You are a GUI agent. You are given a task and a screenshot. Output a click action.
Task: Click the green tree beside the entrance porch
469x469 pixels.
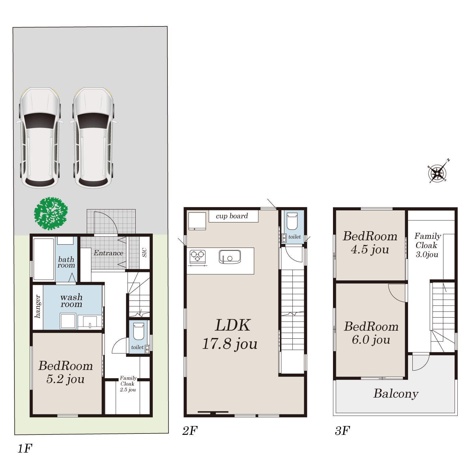[x=51, y=214]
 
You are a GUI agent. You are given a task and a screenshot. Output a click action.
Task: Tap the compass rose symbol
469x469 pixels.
[x=438, y=173]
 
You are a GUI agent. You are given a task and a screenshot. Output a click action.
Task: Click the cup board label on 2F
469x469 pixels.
[x=232, y=216]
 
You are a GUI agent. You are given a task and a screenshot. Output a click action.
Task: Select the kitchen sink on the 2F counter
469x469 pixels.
[x=230, y=257]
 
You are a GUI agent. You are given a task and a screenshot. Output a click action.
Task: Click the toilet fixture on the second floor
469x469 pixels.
[x=292, y=221]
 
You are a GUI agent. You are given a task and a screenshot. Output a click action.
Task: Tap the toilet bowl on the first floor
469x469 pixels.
[x=139, y=331]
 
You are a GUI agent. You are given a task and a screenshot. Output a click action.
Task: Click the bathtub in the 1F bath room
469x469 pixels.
[x=44, y=259]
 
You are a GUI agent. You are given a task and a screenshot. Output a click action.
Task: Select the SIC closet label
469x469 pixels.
[x=144, y=252]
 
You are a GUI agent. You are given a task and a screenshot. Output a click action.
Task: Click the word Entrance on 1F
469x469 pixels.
[x=109, y=253]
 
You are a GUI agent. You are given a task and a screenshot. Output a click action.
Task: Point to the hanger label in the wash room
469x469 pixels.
[x=38, y=307]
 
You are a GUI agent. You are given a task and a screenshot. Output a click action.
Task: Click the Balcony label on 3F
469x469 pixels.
[x=396, y=394]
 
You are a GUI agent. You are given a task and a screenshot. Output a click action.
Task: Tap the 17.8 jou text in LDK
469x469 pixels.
[x=230, y=344]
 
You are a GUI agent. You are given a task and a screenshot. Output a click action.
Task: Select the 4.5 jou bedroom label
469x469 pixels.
[x=370, y=250]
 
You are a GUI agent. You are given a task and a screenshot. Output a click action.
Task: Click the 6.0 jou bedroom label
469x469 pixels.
[x=371, y=340]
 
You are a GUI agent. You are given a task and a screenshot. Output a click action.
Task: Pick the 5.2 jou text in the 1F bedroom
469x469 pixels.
[x=65, y=379]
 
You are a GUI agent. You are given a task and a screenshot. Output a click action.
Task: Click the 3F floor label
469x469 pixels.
[x=342, y=431]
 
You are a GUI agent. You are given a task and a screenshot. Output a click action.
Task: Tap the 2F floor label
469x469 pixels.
[x=190, y=431]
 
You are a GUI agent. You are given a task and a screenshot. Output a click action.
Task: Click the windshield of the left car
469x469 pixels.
[x=40, y=121]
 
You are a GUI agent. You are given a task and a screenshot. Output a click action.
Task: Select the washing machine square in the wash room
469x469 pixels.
[x=68, y=321]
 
